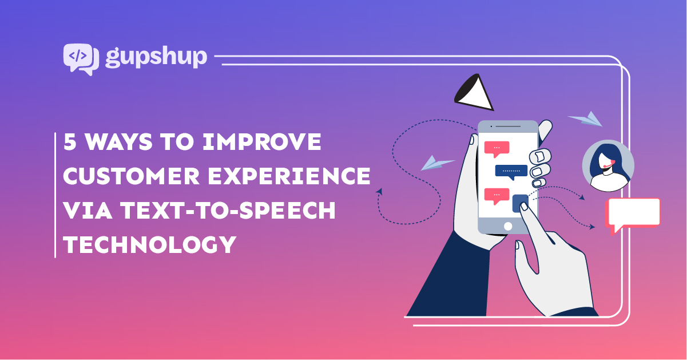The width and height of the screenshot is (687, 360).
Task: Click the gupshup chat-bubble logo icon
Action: [81, 59]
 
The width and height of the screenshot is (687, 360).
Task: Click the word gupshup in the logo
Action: [156, 57]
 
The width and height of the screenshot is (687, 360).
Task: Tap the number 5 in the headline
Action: [70, 142]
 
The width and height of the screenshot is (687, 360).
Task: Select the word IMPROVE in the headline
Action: [262, 142]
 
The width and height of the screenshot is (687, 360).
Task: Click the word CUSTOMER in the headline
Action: [131, 176]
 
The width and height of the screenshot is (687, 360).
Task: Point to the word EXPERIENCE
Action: [289, 176]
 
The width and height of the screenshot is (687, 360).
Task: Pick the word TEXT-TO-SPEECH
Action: [228, 210]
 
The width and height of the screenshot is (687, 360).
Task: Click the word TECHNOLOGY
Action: [150, 244]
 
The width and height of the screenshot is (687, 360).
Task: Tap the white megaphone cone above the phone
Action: [474, 92]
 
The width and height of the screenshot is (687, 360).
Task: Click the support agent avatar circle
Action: [608, 166]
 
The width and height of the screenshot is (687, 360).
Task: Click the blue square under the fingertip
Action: [520, 203]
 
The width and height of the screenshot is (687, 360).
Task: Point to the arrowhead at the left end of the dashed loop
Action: [380, 192]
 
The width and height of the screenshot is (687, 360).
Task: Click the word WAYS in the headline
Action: [118, 142]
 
